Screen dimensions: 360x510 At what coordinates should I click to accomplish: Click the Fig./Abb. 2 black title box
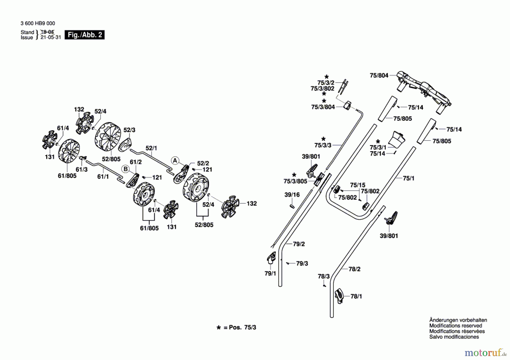point(84,35)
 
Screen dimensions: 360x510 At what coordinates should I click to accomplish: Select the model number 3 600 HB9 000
point(38,23)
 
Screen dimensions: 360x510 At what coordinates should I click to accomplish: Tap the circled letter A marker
point(175,161)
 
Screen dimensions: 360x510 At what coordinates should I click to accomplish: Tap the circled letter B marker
point(126,169)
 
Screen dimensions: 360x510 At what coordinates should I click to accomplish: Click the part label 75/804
point(379,75)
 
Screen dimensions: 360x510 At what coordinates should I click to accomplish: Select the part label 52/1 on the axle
point(151,148)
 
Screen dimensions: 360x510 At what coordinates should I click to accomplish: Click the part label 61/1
point(103,176)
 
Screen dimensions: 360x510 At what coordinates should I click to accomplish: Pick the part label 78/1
point(356,296)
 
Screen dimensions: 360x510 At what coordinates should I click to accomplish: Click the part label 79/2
point(299,244)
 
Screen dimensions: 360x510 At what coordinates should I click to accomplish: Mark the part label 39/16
point(292,195)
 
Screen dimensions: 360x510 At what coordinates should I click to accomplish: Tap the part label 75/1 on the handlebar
point(408,178)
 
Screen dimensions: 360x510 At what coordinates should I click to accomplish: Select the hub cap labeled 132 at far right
point(230,207)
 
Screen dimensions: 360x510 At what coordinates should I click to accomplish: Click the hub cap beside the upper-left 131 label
point(50,140)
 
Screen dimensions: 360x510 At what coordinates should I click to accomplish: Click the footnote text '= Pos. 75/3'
point(240,327)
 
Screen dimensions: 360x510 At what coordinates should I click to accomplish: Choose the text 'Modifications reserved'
point(455,326)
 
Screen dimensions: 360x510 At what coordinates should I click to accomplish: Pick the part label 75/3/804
point(323,107)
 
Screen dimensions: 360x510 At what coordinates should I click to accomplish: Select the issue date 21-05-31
point(51,37)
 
